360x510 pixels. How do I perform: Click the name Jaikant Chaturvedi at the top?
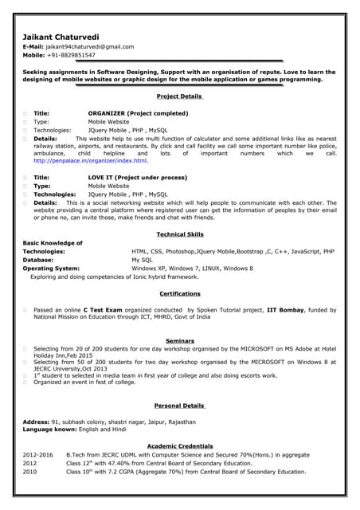click(x=61, y=37)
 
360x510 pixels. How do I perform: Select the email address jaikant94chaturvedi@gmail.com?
click(x=90, y=47)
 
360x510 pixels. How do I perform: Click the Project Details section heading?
click(x=180, y=96)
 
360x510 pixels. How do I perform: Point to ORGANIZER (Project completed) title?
click(x=138, y=113)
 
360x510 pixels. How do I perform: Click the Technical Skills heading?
click(x=180, y=234)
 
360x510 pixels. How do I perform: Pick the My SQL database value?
click(x=142, y=260)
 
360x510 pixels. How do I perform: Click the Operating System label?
click(x=51, y=269)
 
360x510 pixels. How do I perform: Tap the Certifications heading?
click(x=180, y=293)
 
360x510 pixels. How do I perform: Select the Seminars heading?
click(x=180, y=341)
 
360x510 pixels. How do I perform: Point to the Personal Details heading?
click(x=180, y=405)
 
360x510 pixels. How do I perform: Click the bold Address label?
click(x=36, y=421)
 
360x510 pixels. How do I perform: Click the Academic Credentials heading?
click(x=180, y=445)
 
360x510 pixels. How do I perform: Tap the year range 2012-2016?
click(x=38, y=454)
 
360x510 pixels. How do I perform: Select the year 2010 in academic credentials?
click(x=30, y=471)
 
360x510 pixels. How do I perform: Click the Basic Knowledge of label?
click(x=53, y=243)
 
